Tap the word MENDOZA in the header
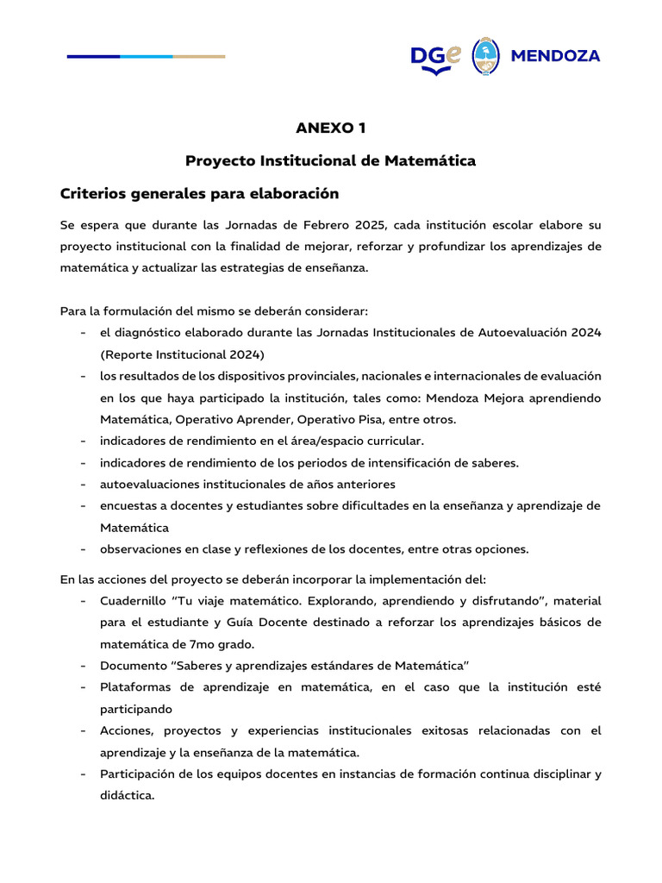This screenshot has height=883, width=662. click(556, 57)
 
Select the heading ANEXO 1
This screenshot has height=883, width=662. click(331, 128)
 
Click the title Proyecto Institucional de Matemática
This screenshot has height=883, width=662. click(331, 160)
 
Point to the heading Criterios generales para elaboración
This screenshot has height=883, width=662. click(199, 193)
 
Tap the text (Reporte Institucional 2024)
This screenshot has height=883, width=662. click(182, 354)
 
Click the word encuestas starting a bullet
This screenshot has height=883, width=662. click(129, 505)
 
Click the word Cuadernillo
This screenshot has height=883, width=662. click(133, 600)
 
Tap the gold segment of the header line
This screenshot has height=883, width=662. click(199, 57)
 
